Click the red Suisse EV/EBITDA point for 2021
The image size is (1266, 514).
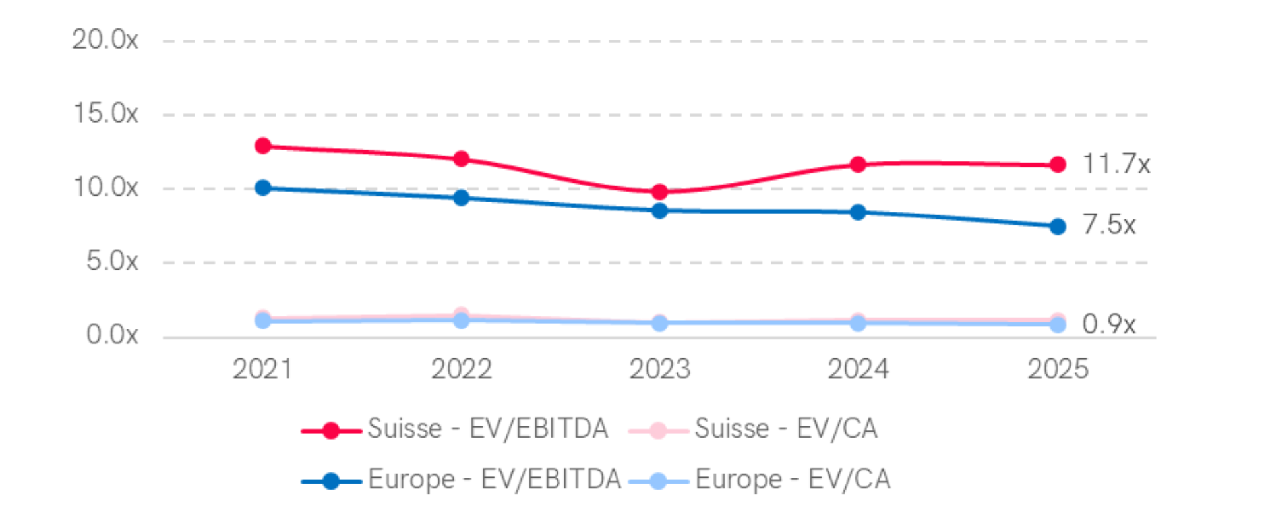coord(263,146)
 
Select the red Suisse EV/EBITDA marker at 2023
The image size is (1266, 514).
coord(659,192)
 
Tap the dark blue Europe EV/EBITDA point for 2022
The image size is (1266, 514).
coord(462,198)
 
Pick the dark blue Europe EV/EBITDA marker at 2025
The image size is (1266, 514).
coord(1058,227)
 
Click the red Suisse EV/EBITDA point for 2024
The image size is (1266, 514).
coord(858,164)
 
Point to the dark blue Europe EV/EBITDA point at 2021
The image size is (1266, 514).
coord(263,188)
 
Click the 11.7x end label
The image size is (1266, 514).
coord(1116,164)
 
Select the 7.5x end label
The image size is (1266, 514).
coord(1109,225)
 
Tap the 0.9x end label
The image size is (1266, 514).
coord(1109,324)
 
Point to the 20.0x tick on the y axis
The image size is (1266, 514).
coord(105,40)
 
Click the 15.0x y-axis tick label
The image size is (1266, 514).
coord(105,114)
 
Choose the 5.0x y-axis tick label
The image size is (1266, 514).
coord(112,262)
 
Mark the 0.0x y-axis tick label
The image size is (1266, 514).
coord(112,335)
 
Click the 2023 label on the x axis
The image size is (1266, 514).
coord(659,369)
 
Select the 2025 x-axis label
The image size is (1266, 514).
coord(1058,369)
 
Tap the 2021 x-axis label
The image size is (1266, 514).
coord(262,369)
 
